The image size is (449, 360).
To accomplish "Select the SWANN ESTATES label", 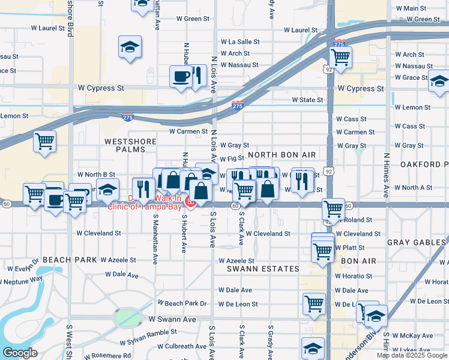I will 263,269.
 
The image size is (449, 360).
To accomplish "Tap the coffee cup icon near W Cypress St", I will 181,76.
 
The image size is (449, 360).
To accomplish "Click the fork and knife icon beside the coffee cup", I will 197,75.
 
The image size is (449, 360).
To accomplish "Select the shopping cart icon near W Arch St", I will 340,58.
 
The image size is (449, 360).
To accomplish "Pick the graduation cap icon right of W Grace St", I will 439,80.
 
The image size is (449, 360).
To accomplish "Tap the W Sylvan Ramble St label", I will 152,333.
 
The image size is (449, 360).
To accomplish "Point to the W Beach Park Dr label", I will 182,304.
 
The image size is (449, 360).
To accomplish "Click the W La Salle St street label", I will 240,42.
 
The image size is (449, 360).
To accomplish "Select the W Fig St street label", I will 232,159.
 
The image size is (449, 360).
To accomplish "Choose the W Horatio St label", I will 355,276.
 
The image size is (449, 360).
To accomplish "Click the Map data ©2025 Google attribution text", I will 412,355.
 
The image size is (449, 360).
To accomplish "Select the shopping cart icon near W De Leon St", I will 314,304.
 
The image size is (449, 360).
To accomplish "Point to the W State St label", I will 307,100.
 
